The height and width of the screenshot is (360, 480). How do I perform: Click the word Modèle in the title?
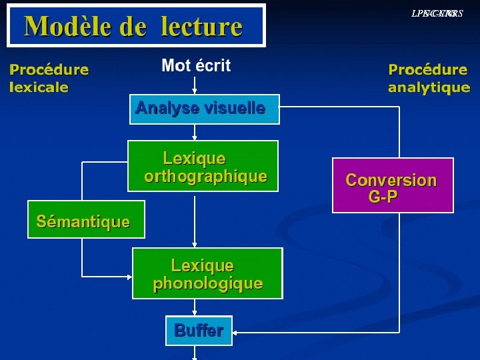pos(65,27)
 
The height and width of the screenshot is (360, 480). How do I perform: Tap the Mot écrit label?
pos(196,65)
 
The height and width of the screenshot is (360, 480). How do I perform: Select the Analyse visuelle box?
pos(203,109)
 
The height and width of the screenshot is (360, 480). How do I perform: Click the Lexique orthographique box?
pos(203,166)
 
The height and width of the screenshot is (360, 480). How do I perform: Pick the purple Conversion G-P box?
pos(392,185)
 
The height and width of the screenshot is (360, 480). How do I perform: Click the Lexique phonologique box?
pos(207,273)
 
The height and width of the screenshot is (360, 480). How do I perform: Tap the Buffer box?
pos(199,330)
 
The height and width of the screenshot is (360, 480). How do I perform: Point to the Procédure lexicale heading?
pos(49,78)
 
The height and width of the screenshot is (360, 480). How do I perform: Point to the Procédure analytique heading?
pos(429,78)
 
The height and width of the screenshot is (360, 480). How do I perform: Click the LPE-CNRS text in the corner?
pos(437,13)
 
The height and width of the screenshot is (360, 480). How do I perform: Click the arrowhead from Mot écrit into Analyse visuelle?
pos(195,91)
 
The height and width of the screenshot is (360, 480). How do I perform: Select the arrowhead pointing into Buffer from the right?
pos(237,331)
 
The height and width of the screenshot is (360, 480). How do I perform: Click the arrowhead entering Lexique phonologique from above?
pos(195,244)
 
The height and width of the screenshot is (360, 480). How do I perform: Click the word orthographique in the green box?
pos(205,177)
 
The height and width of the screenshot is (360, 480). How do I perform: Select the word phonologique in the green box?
pos(207,283)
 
